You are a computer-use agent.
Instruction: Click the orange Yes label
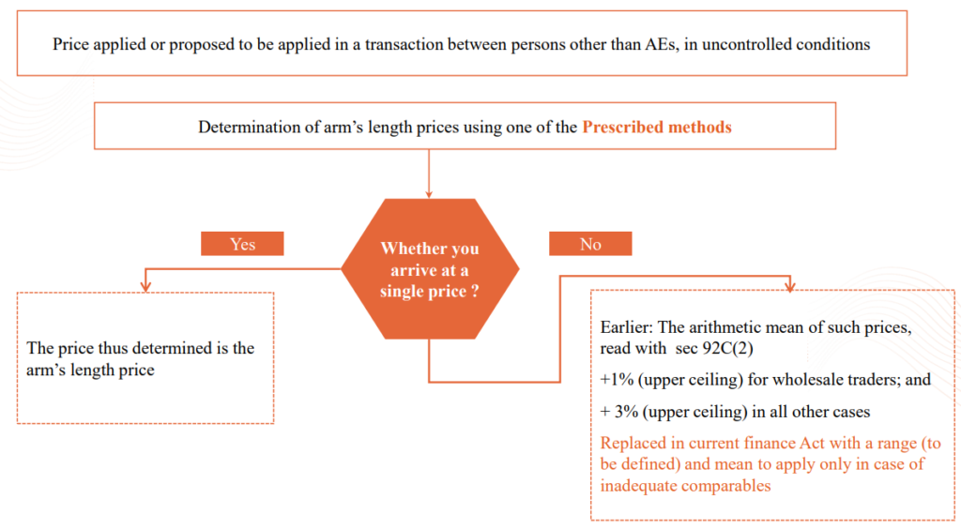point(242,244)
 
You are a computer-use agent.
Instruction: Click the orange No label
point(590,244)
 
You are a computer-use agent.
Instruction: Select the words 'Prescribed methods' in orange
point(656,127)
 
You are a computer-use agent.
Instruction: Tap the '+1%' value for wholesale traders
point(617,380)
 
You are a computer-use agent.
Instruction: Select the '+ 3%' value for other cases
point(618,412)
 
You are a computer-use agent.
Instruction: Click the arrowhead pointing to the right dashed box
point(789,285)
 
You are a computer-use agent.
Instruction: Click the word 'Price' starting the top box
point(70,44)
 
